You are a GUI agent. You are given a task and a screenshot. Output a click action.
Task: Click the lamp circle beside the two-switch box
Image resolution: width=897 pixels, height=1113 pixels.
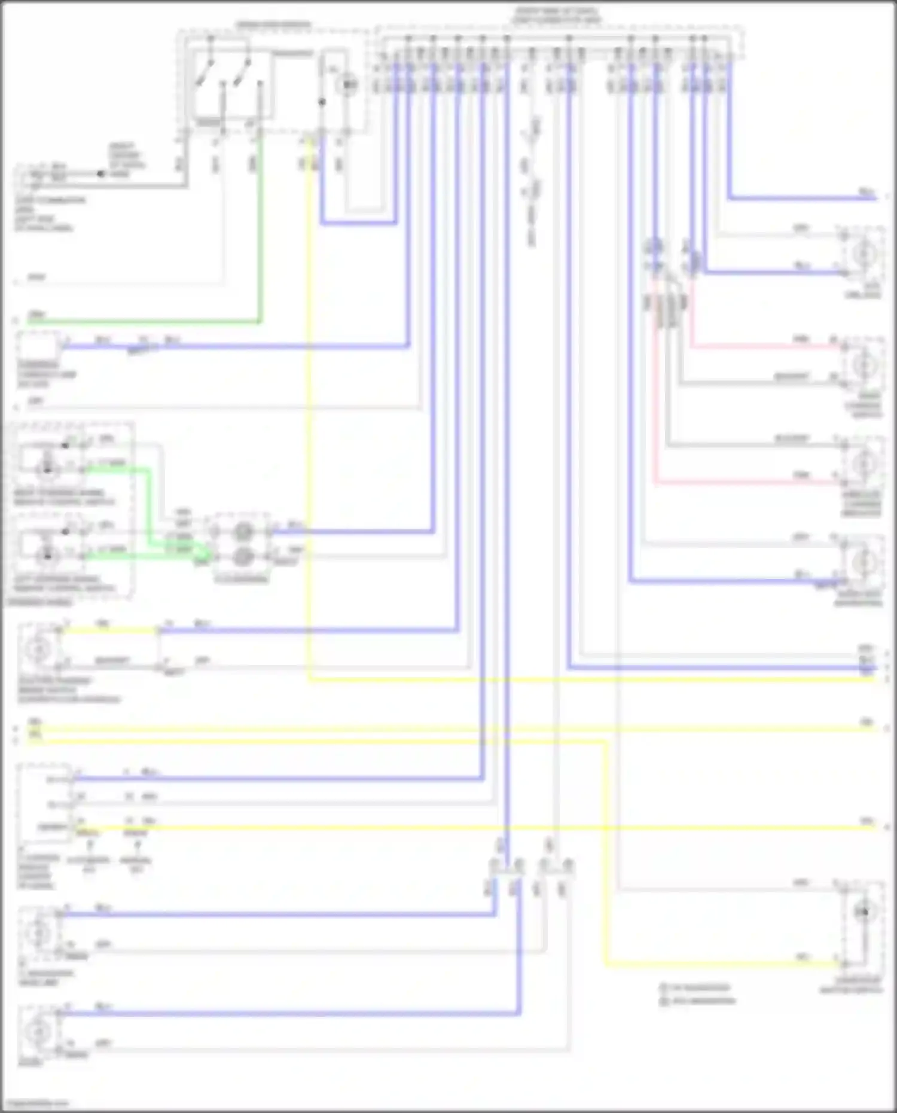[347, 85]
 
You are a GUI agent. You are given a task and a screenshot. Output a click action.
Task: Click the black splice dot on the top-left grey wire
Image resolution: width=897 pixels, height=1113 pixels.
[100, 175]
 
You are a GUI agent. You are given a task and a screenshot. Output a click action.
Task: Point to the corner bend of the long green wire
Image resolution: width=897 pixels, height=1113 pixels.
[260, 322]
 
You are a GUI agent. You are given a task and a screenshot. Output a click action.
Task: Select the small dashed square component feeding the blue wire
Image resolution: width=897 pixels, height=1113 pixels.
[38, 347]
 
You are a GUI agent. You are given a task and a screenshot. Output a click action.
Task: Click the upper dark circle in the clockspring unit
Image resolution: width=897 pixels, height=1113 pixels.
[243, 530]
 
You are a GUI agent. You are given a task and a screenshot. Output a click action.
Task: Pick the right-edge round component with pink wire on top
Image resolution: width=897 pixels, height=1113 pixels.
[864, 364]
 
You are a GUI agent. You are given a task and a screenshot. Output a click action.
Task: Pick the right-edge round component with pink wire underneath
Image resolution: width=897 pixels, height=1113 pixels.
[864, 464]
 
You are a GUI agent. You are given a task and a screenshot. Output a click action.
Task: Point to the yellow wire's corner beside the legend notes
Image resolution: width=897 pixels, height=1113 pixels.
[606, 964]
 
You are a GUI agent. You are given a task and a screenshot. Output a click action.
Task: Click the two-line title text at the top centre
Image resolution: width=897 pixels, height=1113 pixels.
[556, 16]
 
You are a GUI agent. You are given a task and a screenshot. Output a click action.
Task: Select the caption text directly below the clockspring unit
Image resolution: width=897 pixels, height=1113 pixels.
[242, 580]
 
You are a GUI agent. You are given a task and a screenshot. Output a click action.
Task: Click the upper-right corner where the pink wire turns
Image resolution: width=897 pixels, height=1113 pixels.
[692, 346]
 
